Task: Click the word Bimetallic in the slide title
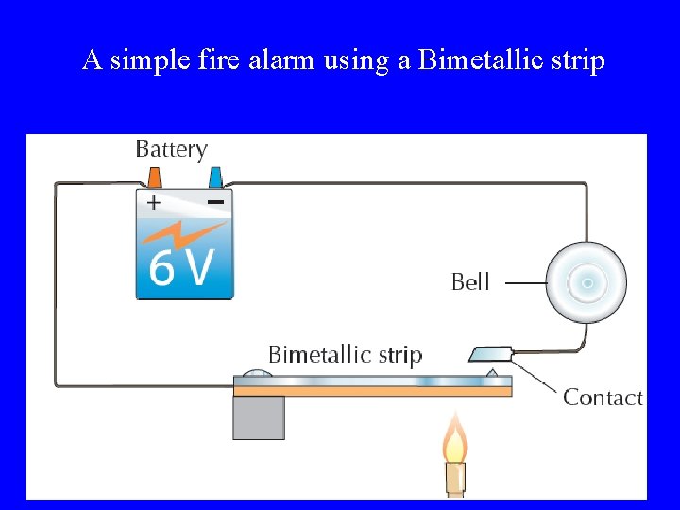coord(481,60)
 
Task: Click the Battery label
coord(171,149)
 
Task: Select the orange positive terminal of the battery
coord(154,178)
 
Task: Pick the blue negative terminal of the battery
coord(215,178)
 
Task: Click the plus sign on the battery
coord(154,202)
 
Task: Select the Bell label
coord(470,281)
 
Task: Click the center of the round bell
coord(587,282)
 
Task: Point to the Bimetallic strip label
coord(345,355)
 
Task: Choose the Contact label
coord(603,398)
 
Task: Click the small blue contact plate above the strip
coord(489,354)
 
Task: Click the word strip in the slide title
coord(578,60)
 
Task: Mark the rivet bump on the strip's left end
coord(258,374)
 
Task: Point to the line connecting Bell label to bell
coord(526,282)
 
